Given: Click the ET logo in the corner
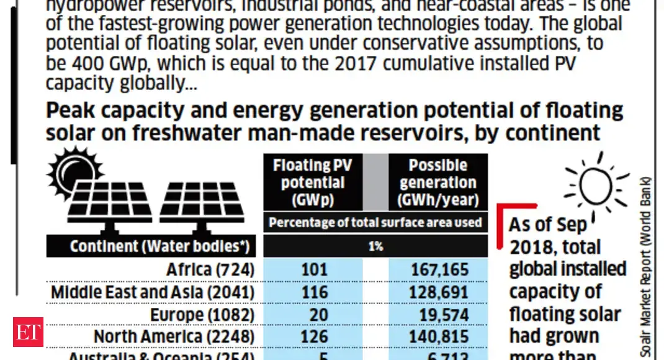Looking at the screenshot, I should pos(28,332).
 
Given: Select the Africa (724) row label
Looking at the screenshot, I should pos(210,270).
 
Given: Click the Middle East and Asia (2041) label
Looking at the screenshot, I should pos(152,292).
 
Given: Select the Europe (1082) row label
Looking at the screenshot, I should pos(202,314).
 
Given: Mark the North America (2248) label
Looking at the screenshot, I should pos(174,336).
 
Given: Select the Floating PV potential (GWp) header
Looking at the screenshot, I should pos(313,182).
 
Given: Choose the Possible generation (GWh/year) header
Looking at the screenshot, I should pos(438,182).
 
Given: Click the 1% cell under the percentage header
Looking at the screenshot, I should pos(375,246).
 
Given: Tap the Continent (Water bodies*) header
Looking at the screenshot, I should pos(151,246).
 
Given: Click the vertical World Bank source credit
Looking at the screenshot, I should pos(647,267).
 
